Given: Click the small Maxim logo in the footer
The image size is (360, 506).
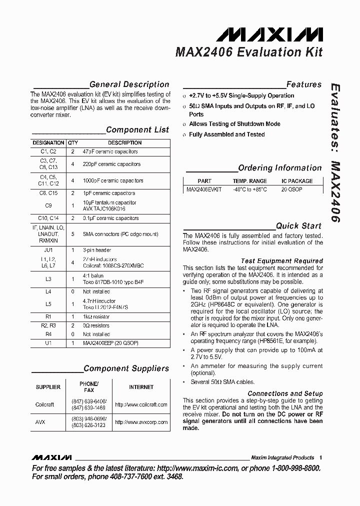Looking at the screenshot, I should point(51,457).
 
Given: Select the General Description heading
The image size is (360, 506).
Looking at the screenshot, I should point(129,84).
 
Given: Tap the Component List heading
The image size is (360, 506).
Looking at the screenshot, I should point(137,129).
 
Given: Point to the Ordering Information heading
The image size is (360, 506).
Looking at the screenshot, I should point(279,168).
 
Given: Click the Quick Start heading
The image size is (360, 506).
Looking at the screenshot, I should point(298,225).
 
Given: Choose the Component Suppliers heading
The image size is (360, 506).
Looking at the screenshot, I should point(126,368).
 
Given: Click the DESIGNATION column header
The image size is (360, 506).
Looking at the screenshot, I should point(48,142).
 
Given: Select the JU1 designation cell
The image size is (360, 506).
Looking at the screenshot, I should point(48,250).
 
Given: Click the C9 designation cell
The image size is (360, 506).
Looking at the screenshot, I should point(48,205).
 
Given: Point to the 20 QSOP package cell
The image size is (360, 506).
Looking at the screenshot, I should point(291,190).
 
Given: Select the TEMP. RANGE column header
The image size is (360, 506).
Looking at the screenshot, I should point(249,181).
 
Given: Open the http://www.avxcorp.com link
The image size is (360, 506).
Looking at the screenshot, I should point(141,422).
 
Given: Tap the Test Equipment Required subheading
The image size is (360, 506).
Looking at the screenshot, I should point(281,261).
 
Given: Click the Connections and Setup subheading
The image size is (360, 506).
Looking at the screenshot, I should point(285,393).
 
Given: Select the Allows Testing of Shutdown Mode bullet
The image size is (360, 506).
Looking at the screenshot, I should point(234,124).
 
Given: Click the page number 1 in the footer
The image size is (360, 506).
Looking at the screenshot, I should point(320,457).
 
